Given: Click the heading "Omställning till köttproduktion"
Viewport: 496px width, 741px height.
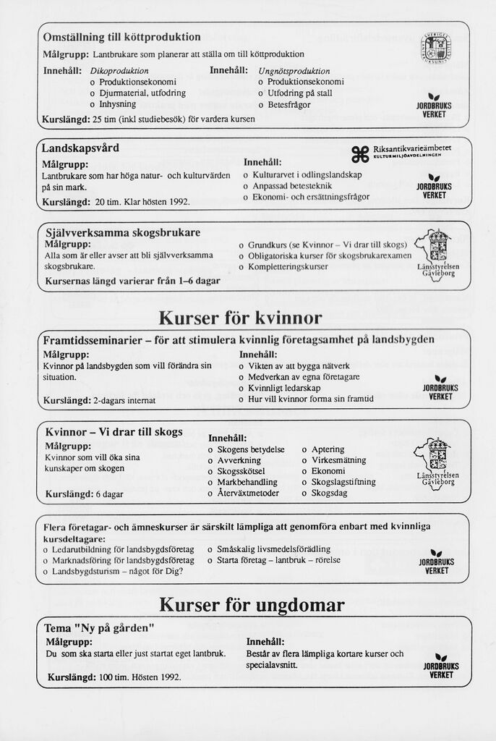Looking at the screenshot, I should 121,37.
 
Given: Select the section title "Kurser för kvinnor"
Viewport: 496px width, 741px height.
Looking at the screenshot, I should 240,318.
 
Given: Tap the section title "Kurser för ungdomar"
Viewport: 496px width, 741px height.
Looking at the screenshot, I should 252,605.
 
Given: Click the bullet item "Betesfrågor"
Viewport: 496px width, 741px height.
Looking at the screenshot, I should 288,104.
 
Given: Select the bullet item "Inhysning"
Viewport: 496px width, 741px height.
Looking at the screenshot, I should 117,104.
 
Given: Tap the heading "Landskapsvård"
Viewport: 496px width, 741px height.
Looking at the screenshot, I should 80,148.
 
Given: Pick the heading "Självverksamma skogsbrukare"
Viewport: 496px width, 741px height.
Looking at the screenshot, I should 123,233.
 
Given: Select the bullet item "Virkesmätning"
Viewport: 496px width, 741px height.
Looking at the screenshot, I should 338,460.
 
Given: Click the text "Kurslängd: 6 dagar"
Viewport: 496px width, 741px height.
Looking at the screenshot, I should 84,495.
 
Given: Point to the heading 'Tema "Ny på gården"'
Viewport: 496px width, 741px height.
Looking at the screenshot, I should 100,627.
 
